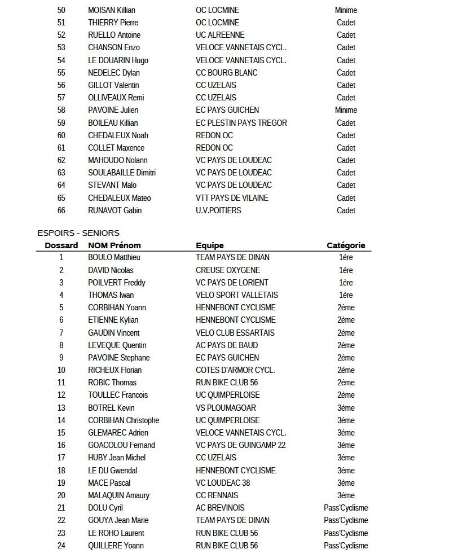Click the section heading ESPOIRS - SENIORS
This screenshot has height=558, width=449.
pyautogui.click(x=78, y=233)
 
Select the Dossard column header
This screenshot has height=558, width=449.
pyautogui.click(x=61, y=245)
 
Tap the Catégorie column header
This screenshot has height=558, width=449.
pyautogui.click(x=346, y=245)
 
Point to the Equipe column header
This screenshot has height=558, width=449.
pyautogui.click(x=210, y=245)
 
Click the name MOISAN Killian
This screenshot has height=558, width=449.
pyautogui.click(x=112, y=10)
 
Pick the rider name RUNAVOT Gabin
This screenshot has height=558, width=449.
pyautogui.click(x=115, y=210)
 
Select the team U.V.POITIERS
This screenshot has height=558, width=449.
pyautogui.click(x=218, y=210)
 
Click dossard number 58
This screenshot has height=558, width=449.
pyautogui.click(x=61, y=110)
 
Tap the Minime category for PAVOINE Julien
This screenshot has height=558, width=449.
pyautogui.click(x=346, y=110)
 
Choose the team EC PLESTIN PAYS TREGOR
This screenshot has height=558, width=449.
pyautogui.click(x=241, y=123)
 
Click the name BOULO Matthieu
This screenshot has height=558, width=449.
pyautogui.click(x=114, y=257)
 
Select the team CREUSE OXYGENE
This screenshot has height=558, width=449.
pyautogui.click(x=228, y=270)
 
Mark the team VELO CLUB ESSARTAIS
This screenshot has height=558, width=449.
pyautogui.click(x=235, y=333)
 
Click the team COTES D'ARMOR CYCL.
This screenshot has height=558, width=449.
pyautogui.click(x=235, y=370)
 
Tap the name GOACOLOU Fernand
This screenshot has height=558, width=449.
pyautogui.click(x=121, y=445)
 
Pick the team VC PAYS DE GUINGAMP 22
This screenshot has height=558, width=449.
pyautogui.click(x=241, y=445)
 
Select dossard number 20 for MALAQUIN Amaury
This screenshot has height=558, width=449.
pyautogui.click(x=61, y=495)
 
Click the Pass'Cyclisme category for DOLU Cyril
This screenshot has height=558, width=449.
pyautogui.click(x=346, y=508)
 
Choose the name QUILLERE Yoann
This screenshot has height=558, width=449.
pyautogui.click(x=116, y=546)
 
